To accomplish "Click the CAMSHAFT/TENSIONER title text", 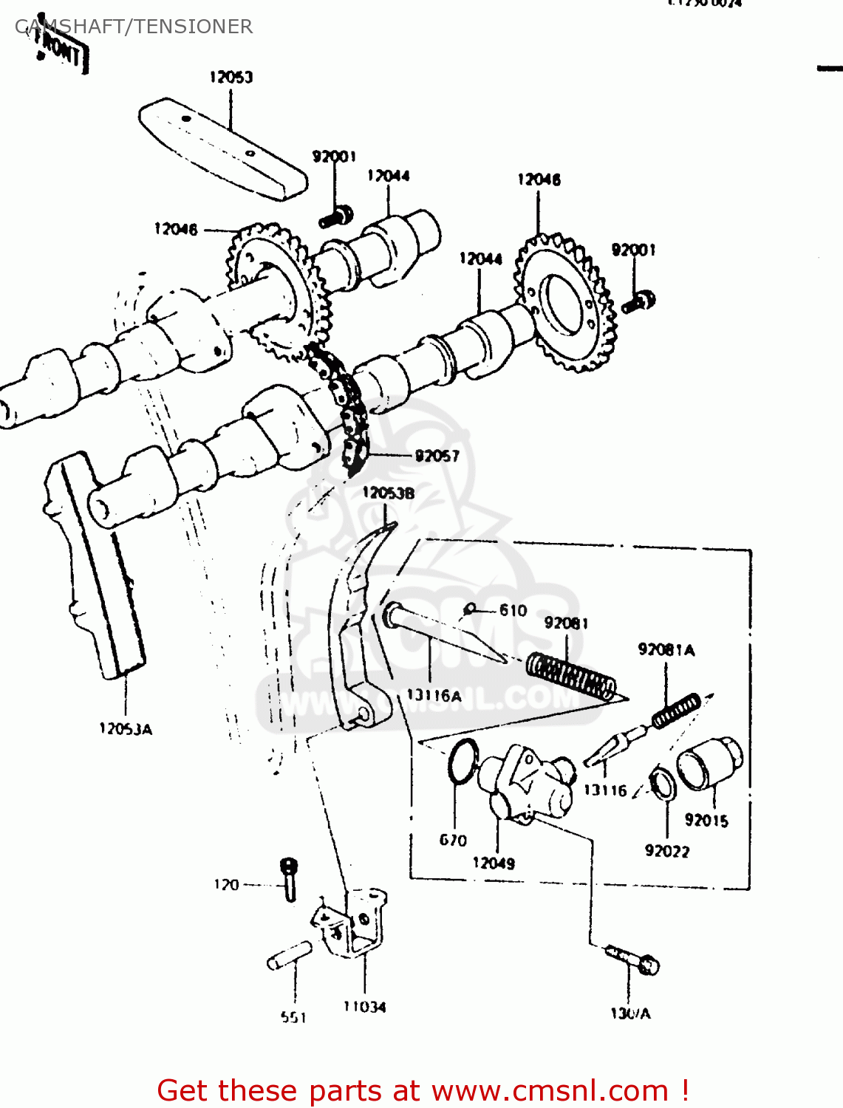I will click(x=134, y=27).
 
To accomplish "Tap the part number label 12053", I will click(x=231, y=77).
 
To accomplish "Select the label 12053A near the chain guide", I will click(x=126, y=729).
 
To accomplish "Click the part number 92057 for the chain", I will click(x=437, y=456).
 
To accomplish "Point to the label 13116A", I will click(x=434, y=695).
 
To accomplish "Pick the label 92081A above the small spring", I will click(x=666, y=650).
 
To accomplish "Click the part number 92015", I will click(x=706, y=820).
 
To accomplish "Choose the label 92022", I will click(x=666, y=851).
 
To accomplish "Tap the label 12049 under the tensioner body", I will click(x=494, y=863).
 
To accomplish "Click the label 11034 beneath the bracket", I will click(x=364, y=1006).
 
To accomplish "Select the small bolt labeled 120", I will click(x=289, y=879).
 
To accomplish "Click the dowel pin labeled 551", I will click(x=290, y=954).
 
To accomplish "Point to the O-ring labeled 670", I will click(x=463, y=760).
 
